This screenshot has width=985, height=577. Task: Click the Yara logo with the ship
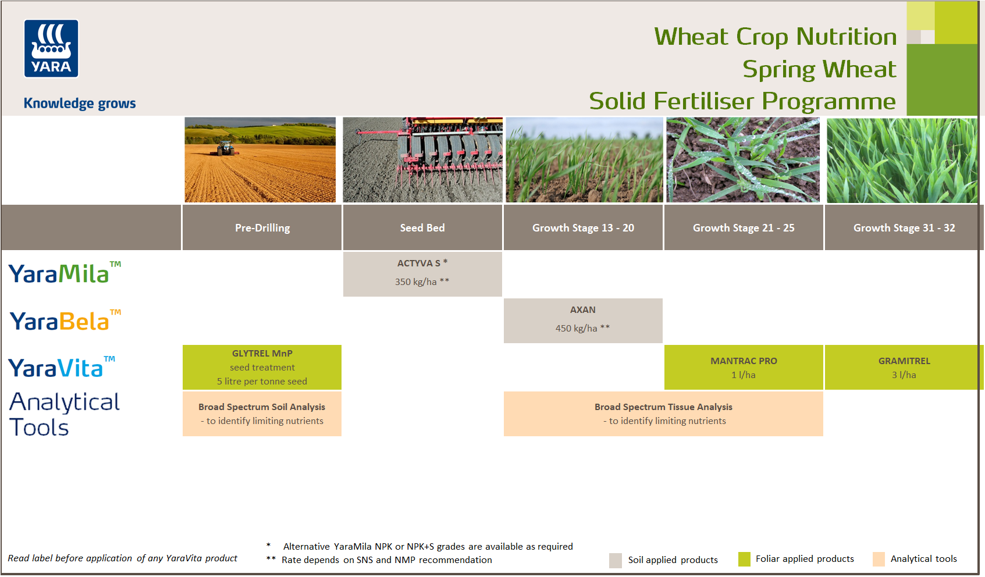pos(51,49)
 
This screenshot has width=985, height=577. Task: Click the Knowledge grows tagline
pos(80,104)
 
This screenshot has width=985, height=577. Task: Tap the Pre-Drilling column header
pos(262,228)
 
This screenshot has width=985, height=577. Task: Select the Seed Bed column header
pos(422,228)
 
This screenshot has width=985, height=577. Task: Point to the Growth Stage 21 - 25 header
pos(744,228)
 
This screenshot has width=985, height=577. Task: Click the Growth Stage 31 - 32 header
pos(904,228)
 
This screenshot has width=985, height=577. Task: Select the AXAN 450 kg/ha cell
pos(583,320)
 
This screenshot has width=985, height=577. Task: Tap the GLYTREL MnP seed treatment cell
pos(262,367)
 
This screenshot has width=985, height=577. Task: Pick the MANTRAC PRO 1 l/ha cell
pos(744,368)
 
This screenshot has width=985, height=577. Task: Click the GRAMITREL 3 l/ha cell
pos(904,368)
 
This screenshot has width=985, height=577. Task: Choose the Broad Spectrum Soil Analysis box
pos(262,414)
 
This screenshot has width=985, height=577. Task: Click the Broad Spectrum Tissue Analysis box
pos(663,414)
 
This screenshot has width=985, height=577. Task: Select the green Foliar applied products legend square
pos(744,559)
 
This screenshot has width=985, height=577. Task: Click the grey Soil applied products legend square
pos(616,560)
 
